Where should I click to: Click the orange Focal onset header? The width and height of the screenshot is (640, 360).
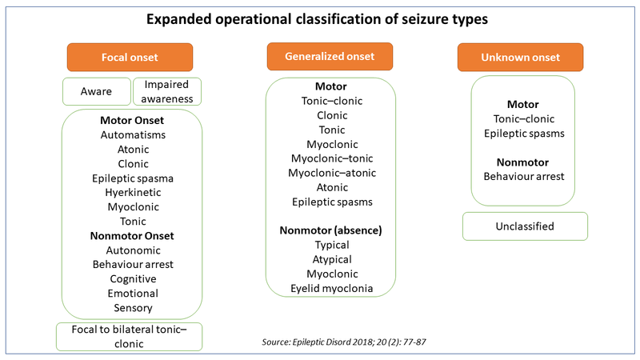click(x=130, y=57)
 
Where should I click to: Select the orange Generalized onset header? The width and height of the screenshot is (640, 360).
click(x=330, y=56)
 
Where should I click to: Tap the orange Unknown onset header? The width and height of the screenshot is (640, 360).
click(x=521, y=57)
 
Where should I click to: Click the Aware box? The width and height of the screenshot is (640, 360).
click(x=97, y=91)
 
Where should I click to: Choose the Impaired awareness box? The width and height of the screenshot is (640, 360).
click(x=167, y=91)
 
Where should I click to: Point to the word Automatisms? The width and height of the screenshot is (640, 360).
click(x=133, y=134)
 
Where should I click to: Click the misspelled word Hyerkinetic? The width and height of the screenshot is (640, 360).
click(x=133, y=192)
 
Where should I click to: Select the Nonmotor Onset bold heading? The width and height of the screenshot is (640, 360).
click(x=132, y=236)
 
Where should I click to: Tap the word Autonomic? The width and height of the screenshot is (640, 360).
click(x=133, y=250)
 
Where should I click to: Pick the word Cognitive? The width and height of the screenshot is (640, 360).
click(x=133, y=278)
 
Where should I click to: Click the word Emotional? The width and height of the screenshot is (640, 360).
click(x=133, y=294)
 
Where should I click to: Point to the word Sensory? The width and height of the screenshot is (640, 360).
click(x=133, y=308)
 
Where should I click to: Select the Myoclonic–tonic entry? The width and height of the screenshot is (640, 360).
click(x=332, y=158)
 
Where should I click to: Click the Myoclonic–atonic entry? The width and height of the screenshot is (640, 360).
click(x=332, y=173)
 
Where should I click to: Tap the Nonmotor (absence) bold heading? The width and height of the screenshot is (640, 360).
click(x=330, y=230)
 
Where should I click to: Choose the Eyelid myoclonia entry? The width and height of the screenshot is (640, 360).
click(x=332, y=289)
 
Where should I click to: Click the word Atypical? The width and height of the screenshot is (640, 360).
click(x=332, y=259)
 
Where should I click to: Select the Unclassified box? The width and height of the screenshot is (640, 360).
click(x=525, y=226)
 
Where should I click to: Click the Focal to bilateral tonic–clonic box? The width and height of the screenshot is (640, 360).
click(x=129, y=337)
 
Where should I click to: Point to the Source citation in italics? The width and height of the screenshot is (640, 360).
click(x=344, y=342)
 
